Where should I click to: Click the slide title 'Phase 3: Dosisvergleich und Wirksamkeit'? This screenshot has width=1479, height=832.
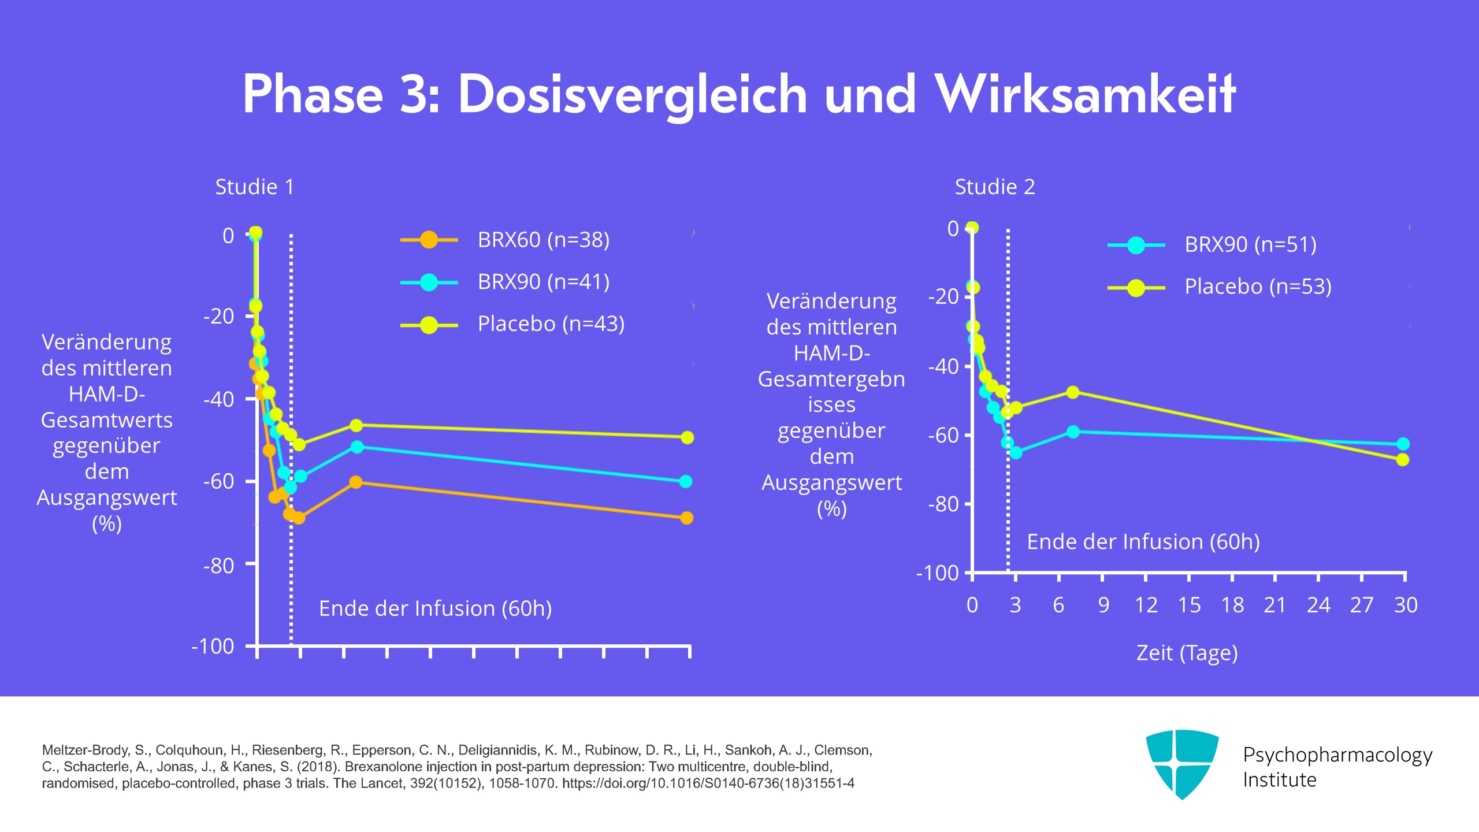click(739, 94)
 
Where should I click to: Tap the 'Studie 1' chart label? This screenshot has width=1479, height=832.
click(254, 187)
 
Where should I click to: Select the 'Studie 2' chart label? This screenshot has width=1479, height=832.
click(994, 187)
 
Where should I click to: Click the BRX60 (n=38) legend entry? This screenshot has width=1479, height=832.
click(543, 239)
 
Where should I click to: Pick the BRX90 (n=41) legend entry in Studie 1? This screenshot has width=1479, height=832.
click(543, 282)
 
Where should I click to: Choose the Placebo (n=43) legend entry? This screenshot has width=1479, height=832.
click(551, 324)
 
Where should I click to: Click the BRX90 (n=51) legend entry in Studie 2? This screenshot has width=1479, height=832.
click(1250, 245)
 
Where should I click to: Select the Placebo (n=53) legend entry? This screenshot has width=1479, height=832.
click(1258, 287)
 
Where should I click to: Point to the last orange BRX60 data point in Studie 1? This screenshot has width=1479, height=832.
click(686, 518)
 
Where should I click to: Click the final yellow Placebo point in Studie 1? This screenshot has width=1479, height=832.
click(687, 437)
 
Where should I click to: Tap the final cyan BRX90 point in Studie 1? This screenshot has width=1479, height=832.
click(686, 481)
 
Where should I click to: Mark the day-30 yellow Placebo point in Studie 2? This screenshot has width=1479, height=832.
click(1403, 460)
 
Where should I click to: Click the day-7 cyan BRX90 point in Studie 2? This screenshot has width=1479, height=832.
click(1073, 432)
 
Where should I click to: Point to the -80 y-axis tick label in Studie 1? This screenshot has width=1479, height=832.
click(218, 566)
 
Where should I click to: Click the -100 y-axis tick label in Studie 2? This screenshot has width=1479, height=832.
click(937, 573)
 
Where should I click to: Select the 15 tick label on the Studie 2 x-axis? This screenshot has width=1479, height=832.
click(1189, 605)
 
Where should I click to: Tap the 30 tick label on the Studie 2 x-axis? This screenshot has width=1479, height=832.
click(1405, 605)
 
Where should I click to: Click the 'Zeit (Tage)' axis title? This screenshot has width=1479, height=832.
click(1187, 653)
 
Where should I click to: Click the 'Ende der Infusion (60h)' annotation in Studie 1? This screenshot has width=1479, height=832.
click(435, 608)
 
